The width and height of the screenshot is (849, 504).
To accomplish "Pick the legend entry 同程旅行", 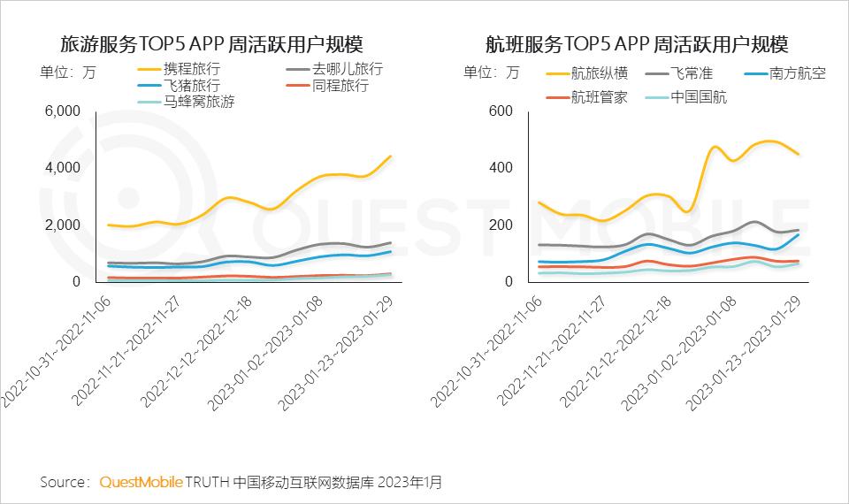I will [340, 86].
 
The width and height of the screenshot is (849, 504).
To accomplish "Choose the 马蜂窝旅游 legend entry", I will [199, 103].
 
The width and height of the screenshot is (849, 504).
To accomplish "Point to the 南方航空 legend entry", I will [797, 73].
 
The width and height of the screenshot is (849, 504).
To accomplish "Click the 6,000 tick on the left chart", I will [63, 111].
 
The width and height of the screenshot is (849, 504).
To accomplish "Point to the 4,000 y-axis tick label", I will [63, 168].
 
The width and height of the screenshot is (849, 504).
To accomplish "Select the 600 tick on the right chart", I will [501, 111].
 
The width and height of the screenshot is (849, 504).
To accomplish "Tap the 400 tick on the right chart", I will [501, 168].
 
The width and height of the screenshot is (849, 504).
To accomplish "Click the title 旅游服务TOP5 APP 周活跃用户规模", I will [211, 44].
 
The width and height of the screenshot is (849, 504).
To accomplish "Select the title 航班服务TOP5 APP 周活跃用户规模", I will [637, 44].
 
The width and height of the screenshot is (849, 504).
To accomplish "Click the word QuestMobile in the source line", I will [141, 482].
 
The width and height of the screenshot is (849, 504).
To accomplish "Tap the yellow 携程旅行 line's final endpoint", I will [391, 157].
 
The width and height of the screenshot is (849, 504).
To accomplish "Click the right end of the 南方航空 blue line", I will [799, 234].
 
